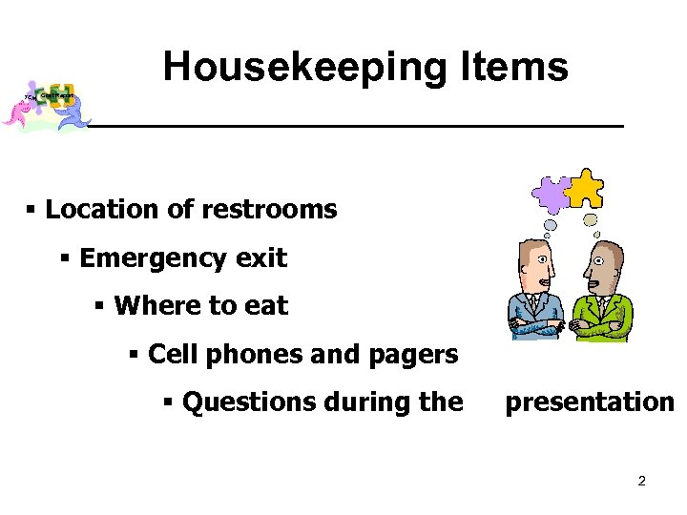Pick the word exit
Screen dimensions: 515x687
[x=259, y=258]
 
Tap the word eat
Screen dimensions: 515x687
[x=265, y=306]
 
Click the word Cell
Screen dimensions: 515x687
[x=175, y=355]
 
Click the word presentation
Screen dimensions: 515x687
[x=589, y=402]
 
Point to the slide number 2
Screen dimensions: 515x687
[x=642, y=481]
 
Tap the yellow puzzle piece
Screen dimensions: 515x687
[x=583, y=188]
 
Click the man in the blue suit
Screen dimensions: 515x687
[x=536, y=291]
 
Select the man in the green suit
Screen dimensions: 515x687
[x=599, y=291]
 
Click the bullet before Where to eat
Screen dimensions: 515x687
[x=100, y=306]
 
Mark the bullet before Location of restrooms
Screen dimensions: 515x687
[x=32, y=210]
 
